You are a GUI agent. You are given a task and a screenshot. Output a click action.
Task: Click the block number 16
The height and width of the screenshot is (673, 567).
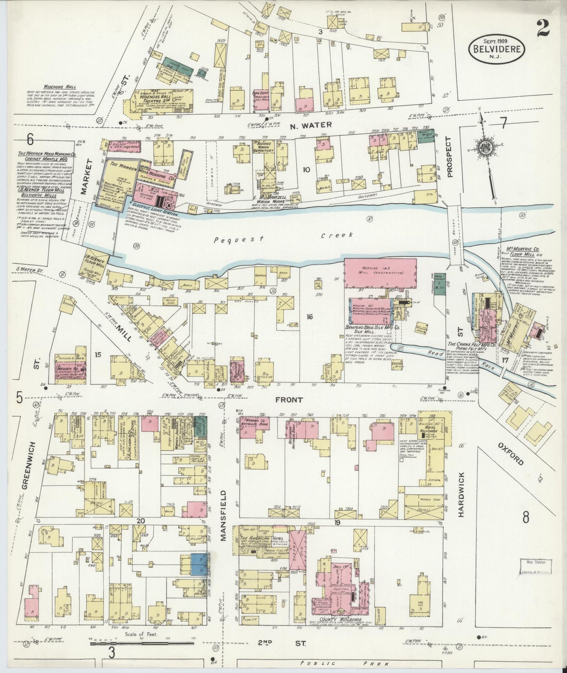(310, 317)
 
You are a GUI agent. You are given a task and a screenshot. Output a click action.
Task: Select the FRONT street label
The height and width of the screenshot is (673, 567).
(289, 400)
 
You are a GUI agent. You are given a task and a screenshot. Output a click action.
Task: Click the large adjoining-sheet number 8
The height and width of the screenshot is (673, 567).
(525, 518)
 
